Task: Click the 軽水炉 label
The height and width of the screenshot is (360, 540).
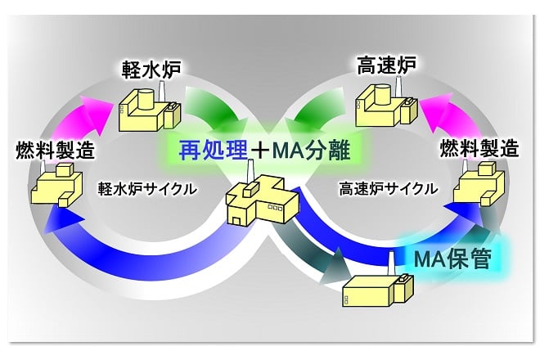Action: pyautogui.click(x=151, y=70)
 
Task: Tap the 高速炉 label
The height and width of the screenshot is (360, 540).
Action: pyautogui.click(x=386, y=65)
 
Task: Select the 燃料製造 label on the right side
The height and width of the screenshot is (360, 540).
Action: pyautogui.click(x=479, y=148)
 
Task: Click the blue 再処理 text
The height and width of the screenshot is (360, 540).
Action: pyautogui.click(x=214, y=151)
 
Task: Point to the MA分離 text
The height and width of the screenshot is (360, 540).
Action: pyautogui.click(x=311, y=151)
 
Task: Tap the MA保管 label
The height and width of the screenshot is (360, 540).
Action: pyautogui.click(x=452, y=259)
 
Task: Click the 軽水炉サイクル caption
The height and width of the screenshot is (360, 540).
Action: pyautogui.click(x=147, y=189)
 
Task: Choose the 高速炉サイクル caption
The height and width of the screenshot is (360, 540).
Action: pyautogui.click(x=389, y=189)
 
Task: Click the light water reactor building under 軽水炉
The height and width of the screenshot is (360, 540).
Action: pyautogui.click(x=151, y=106)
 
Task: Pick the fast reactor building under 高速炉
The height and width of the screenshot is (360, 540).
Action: pyautogui.click(x=386, y=102)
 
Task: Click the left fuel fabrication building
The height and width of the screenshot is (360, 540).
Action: pyautogui.click(x=56, y=184)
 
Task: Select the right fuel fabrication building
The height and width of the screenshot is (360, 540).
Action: pyautogui.click(x=479, y=183)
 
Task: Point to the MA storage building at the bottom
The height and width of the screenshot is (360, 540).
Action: pyautogui.click(x=378, y=286)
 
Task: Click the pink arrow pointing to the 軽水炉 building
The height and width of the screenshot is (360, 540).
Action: pyautogui.click(x=81, y=121)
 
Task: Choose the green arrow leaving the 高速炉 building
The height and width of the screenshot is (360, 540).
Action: pyautogui.click(x=317, y=107)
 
